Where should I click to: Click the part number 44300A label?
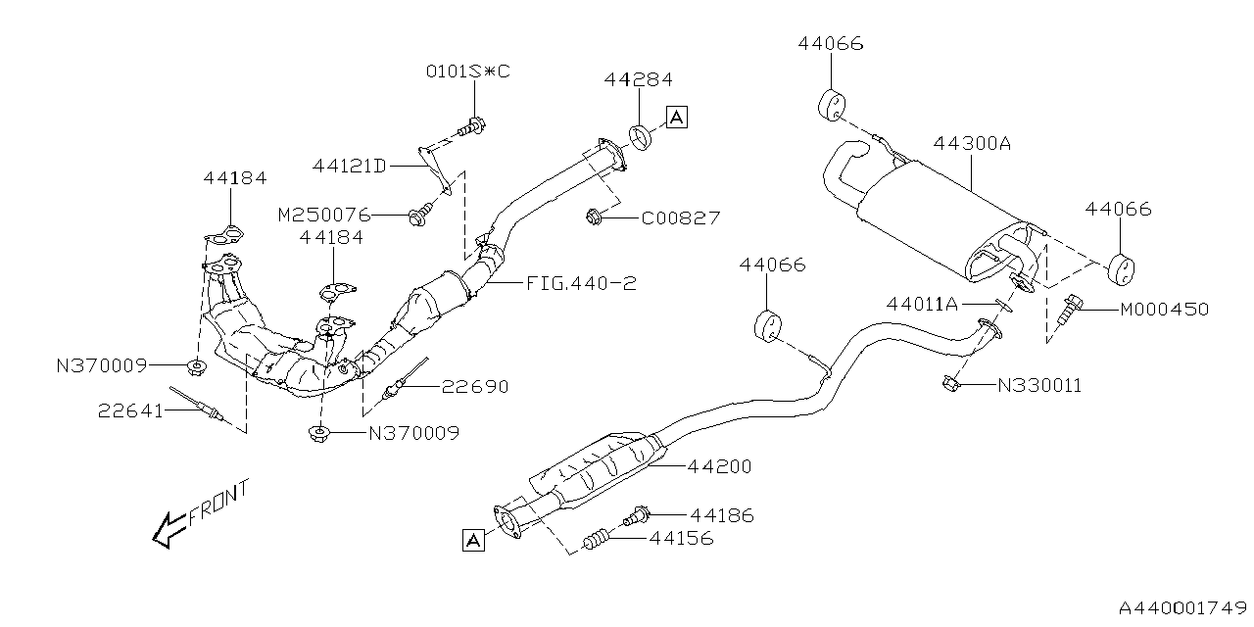[x=971, y=143]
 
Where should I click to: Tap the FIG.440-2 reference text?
[x=581, y=284]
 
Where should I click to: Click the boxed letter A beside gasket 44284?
[x=676, y=118]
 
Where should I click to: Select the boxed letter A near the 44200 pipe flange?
[x=473, y=540]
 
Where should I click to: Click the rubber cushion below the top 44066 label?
[x=832, y=104]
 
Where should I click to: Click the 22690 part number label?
[x=475, y=387]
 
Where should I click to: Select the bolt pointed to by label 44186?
[x=639, y=513]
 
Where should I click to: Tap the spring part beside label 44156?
[x=597, y=538]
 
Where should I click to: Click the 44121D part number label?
[x=350, y=166]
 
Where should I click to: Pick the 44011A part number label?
[x=922, y=304]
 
